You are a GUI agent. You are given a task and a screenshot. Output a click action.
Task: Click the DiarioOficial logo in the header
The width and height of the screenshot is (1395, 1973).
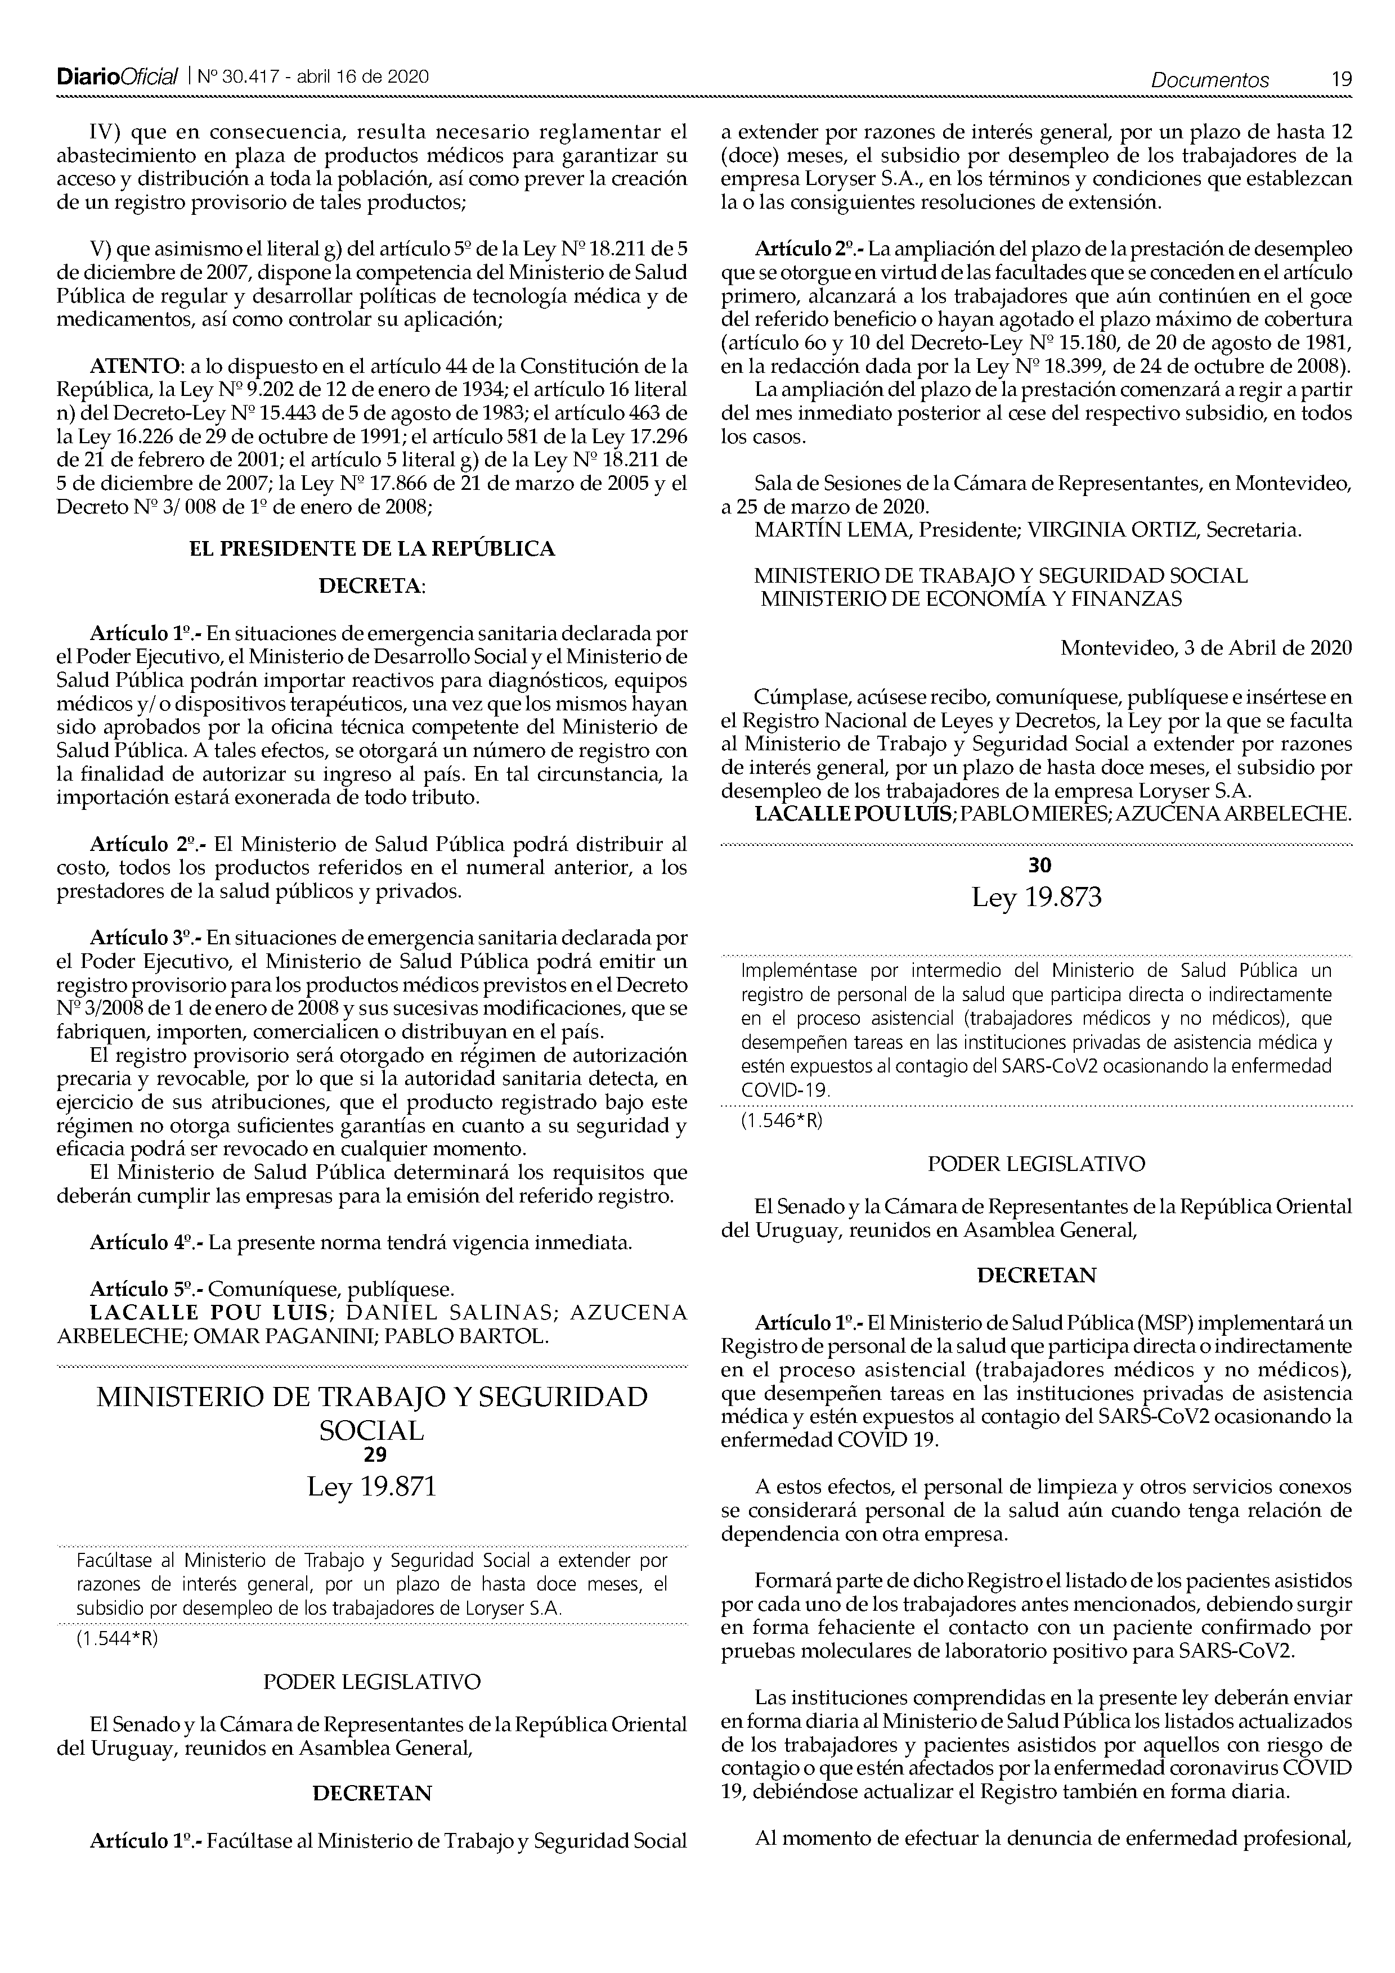116,78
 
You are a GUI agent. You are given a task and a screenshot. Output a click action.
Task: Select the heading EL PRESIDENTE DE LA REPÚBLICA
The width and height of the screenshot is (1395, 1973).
371,549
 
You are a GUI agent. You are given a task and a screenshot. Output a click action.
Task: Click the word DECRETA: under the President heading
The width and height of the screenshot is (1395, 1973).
371,587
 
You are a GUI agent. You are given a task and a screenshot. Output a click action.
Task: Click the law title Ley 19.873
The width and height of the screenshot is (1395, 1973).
1037,899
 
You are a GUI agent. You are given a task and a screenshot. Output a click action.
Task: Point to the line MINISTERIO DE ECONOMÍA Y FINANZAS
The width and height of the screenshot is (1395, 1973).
971,599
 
